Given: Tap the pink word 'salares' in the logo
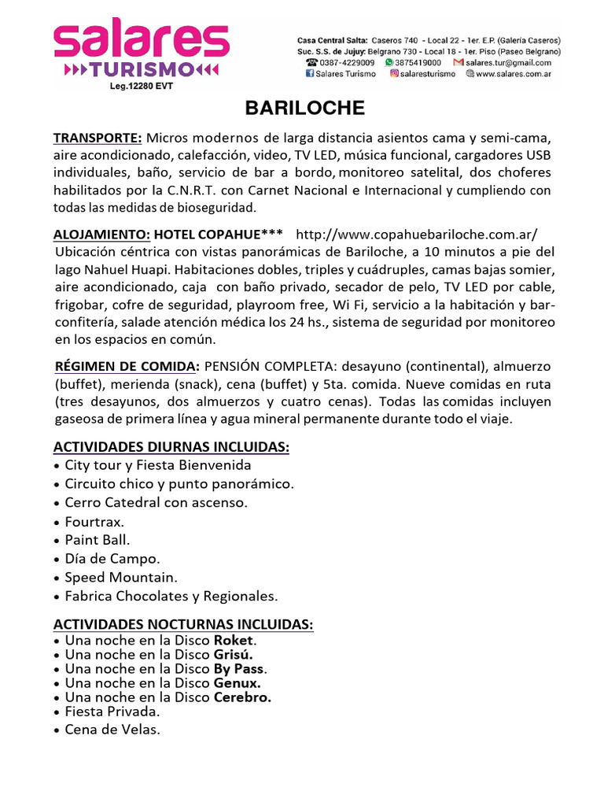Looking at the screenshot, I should point(142,39).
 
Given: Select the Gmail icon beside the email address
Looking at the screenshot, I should point(459,62).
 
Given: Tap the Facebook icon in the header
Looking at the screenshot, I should point(310,74).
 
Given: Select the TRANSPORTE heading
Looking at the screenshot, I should point(98,139).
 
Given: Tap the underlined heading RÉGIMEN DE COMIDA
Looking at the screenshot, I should point(126,367).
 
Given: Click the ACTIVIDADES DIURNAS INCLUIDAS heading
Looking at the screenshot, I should point(171,447).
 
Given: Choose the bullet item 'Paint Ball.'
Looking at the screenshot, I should point(98,540).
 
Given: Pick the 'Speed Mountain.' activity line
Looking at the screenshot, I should point(121,578).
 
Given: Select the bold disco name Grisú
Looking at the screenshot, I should point(233,655).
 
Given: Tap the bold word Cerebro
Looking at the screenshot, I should point(242,697).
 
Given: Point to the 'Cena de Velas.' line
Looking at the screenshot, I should point(112,730).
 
